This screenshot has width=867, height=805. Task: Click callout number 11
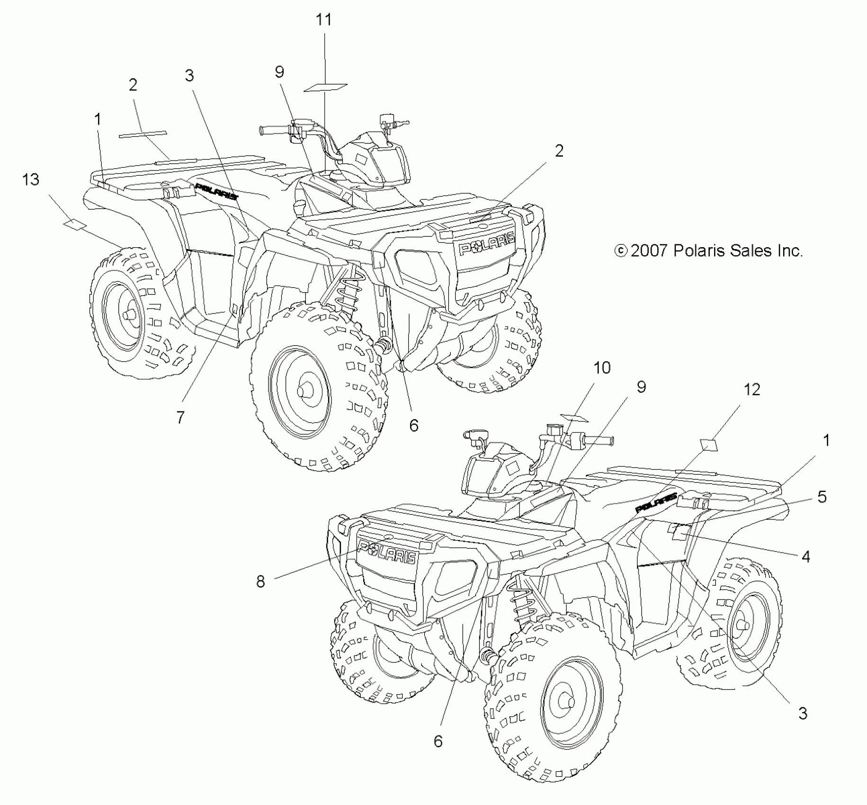pos(324,20)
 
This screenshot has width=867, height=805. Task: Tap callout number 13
pos(31,180)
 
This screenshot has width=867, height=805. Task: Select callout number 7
pos(180,417)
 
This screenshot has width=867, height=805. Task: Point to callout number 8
pos(260,581)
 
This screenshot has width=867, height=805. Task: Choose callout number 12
pos(752,389)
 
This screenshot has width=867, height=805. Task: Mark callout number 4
pos(805,556)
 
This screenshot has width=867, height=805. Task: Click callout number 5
pos(822,497)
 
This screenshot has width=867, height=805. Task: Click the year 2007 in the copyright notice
pos(649,250)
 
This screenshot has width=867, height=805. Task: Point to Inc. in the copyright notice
pos(789,250)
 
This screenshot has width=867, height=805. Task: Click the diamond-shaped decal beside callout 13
pos(75,224)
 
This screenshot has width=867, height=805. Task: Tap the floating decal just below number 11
pos(325,88)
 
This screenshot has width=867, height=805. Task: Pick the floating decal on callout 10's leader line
pos(574,418)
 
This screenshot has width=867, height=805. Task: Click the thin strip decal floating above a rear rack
pos(143,134)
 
